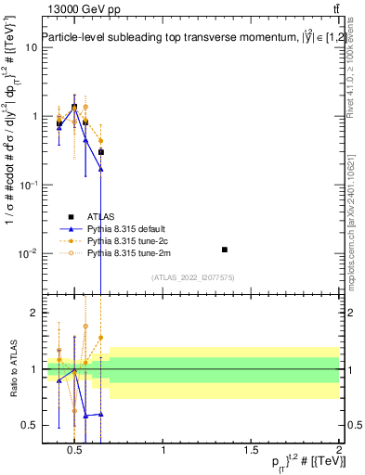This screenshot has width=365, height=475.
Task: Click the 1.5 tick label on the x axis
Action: pos(251,452)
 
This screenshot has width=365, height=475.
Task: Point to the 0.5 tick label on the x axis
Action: pos(75,452)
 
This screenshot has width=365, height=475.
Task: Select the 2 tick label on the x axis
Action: pos(339,452)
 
